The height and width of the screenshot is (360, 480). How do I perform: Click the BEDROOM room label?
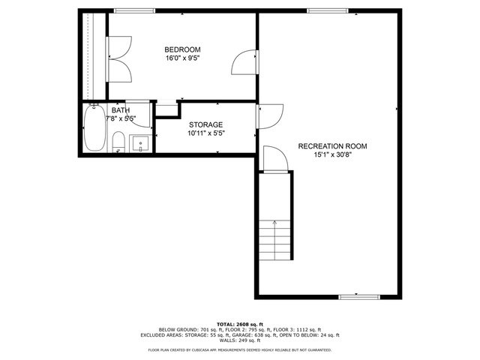pos(182,49)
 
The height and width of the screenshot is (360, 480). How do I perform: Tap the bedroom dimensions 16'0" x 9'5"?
pos(182,58)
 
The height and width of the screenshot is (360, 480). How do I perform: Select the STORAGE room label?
pos(205,125)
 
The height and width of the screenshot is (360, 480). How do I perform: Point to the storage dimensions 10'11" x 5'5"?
pos(206,133)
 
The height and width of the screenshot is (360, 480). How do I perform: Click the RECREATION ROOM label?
pos(332,146)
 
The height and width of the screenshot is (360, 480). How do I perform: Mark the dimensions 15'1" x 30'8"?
pos(332,154)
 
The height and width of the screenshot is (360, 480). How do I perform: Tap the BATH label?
pos(120,110)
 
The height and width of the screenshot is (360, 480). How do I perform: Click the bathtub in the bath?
pos(95,127)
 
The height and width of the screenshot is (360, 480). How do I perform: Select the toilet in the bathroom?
pos(118,142)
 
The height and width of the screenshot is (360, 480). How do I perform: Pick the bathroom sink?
pos(140,143)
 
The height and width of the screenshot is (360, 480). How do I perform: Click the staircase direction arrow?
pos(275,240)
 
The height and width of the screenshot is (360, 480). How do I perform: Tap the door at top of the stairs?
pos(275,160)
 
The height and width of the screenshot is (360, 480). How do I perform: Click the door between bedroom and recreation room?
pos(245,62)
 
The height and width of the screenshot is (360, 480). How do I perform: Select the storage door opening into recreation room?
pos(270,116)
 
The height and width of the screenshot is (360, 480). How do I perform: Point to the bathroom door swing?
pos(138,113)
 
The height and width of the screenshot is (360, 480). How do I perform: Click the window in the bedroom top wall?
pos(134,11)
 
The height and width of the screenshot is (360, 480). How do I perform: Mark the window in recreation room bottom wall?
pos(359,297)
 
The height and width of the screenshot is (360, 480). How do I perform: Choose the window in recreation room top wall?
pos(328,11)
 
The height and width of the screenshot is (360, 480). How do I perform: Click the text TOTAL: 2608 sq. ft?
pos(240,324)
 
